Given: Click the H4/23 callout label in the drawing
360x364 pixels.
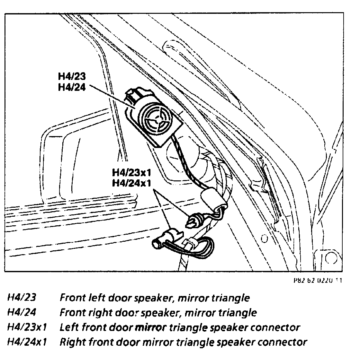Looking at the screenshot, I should click(72, 77).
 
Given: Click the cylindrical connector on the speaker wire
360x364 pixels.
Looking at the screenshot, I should click(211, 199).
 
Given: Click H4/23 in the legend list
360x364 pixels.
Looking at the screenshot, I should click(22, 298).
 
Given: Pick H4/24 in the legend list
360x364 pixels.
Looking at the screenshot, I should click(22, 312).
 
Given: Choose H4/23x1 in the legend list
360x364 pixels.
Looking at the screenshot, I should click(27, 327).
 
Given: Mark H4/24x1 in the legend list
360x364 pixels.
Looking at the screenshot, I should click(27, 342).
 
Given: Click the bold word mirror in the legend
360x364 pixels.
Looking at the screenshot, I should click(151, 327).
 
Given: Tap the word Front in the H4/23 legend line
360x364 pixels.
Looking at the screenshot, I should click(72, 298).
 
